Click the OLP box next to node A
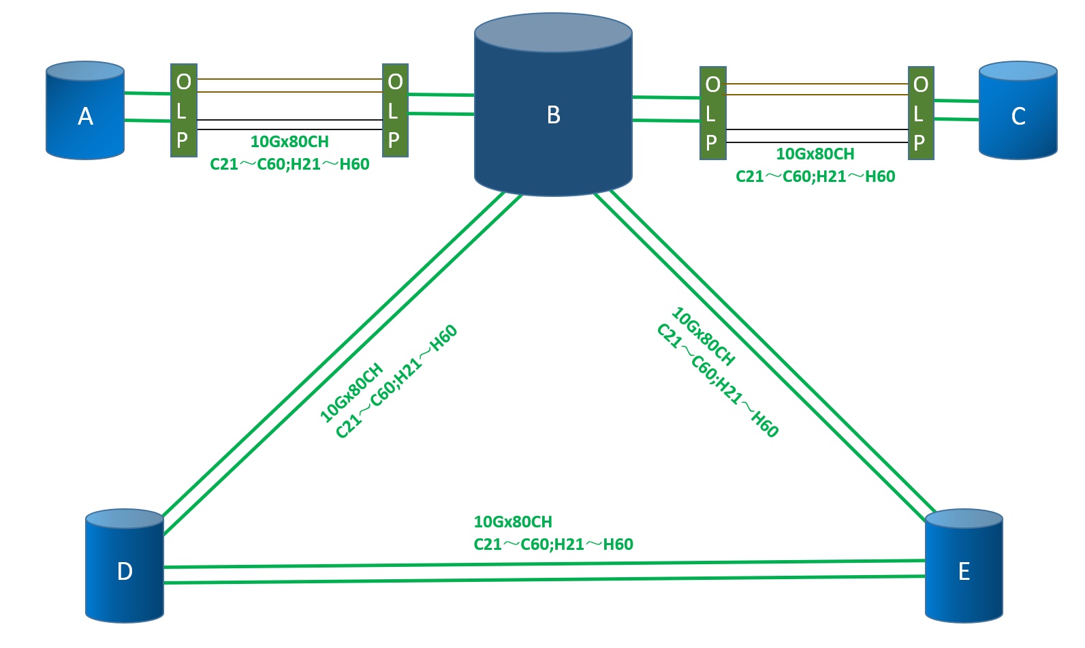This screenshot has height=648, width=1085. (183, 110)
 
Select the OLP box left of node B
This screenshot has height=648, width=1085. (395, 110)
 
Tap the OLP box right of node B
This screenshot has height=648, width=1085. (712, 113)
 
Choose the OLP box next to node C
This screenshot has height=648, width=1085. (920, 113)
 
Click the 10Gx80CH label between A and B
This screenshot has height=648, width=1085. (289, 142)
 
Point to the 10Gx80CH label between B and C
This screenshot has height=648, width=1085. (815, 154)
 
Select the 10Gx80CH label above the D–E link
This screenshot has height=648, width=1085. (513, 522)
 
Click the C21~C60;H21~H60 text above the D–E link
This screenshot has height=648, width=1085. (553, 544)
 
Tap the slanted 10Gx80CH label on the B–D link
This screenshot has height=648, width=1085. (351, 393)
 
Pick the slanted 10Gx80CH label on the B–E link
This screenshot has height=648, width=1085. (704, 337)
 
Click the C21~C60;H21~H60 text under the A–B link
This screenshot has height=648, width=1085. (289, 164)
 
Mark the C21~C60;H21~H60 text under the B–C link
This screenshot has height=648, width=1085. (815, 176)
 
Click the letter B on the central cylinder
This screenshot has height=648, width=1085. (553, 115)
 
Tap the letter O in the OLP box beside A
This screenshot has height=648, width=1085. (183, 82)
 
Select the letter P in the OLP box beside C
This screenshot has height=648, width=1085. (919, 142)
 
